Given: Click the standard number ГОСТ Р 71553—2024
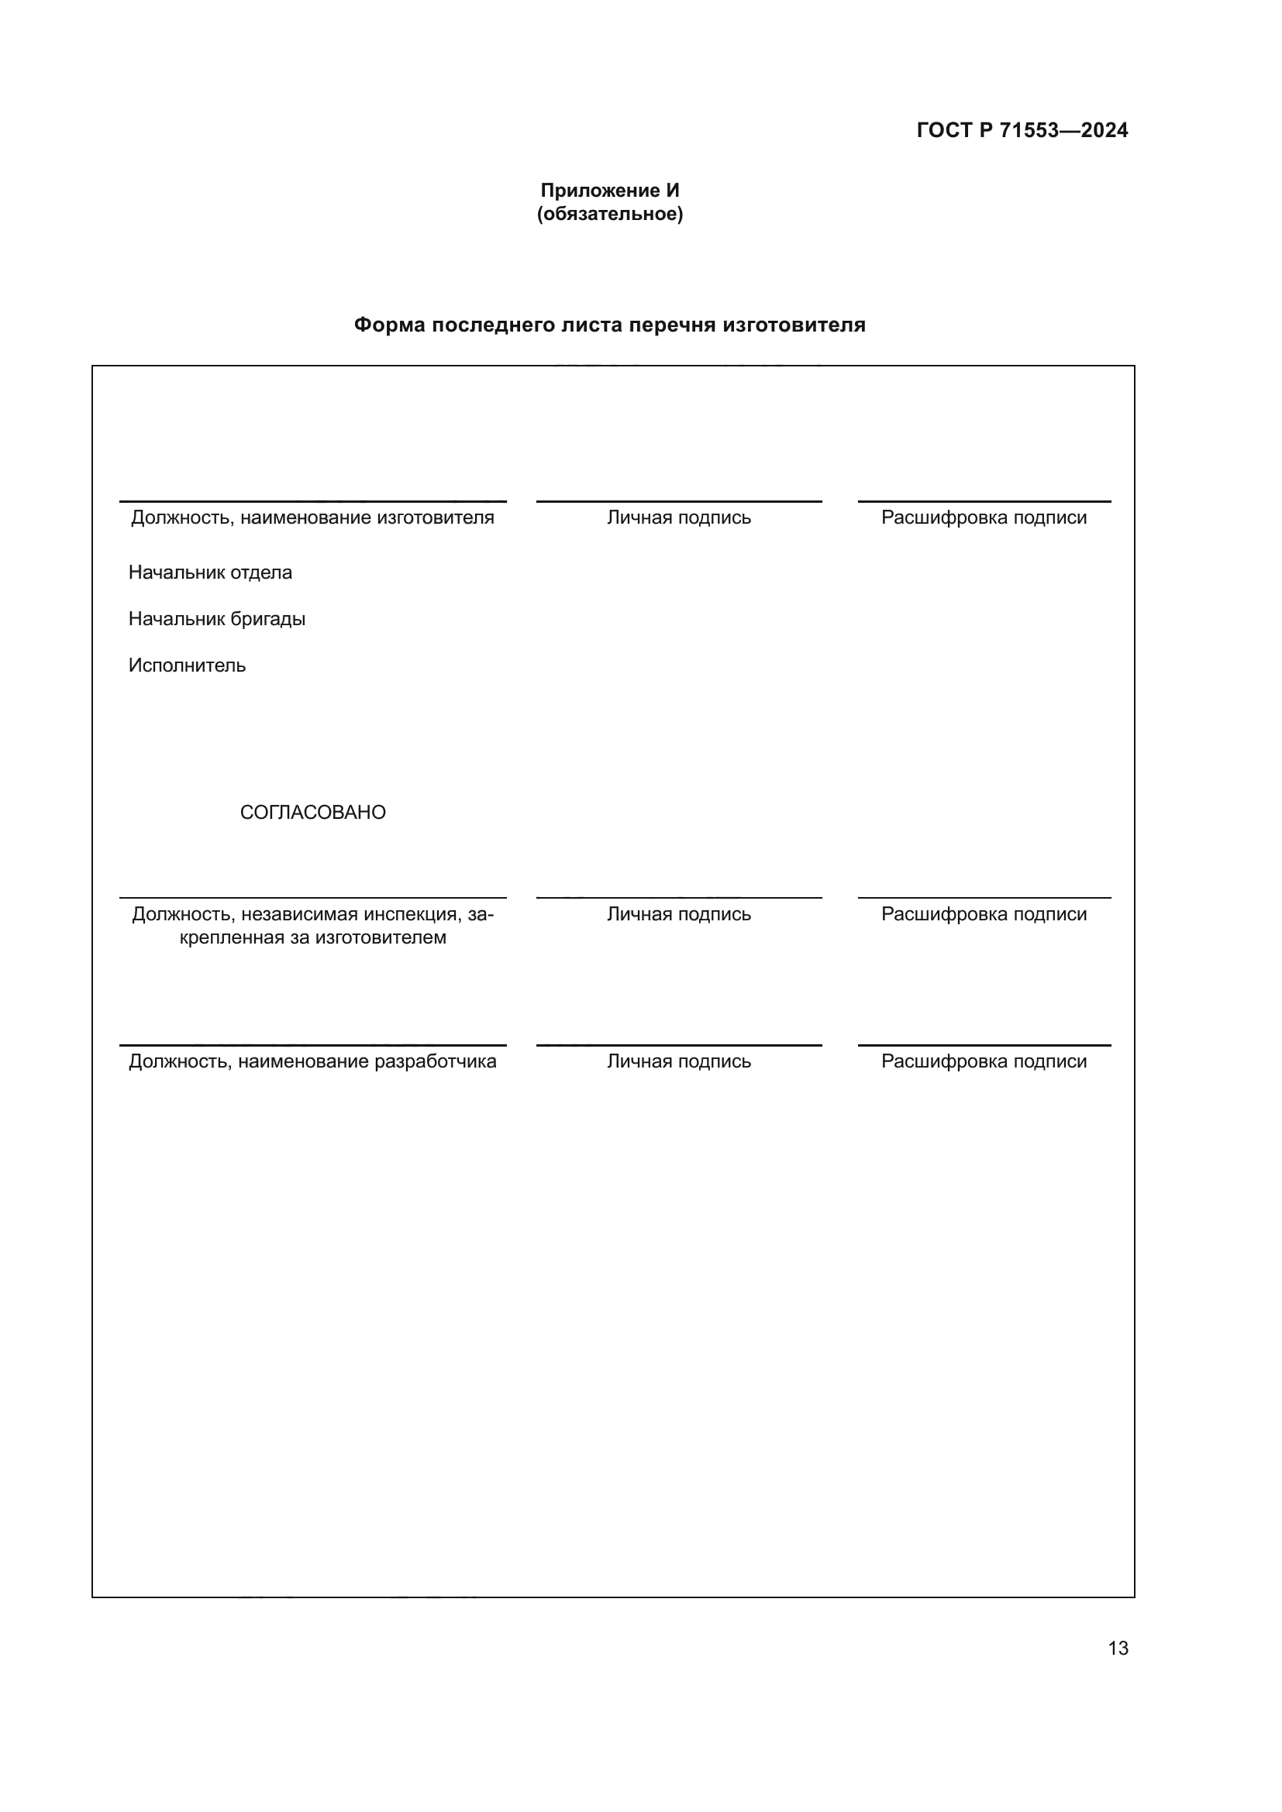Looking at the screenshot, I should (1022, 130).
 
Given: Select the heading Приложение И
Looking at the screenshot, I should (609, 191).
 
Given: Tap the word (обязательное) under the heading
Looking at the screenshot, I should (609, 214).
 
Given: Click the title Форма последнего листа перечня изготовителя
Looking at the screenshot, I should (609, 325).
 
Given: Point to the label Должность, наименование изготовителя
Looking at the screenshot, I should (312, 517).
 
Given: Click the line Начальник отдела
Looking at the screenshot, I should (210, 572).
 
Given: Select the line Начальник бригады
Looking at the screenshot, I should (216, 619).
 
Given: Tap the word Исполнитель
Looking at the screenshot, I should (187, 665).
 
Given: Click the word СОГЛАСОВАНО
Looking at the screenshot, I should (312, 812).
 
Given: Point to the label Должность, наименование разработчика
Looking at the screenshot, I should (312, 1061).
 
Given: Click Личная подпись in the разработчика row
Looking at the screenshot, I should (679, 1061).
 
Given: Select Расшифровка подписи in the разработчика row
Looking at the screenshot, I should (984, 1061).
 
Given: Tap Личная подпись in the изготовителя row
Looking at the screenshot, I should (679, 517).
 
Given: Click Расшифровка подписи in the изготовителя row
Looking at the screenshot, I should (984, 517).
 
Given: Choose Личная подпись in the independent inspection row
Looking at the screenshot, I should (679, 914).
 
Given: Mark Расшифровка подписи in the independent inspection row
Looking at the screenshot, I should (984, 914).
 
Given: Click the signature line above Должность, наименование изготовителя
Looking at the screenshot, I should (312, 501).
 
